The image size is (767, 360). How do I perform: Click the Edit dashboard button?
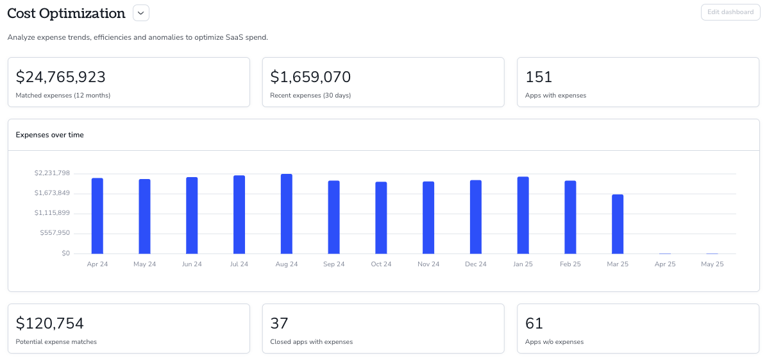pyautogui.click(x=731, y=12)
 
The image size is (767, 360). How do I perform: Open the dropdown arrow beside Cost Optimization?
pyautogui.click(x=141, y=13)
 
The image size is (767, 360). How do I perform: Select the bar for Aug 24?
pyautogui.click(x=287, y=214)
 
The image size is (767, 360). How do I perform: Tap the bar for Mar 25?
pyautogui.click(x=618, y=225)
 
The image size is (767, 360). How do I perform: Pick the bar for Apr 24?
pyautogui.click(x=97, y=216)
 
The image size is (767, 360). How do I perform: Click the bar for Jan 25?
pyautogui.click(x=523, y=216)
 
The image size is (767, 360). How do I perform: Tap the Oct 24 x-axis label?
pyautogui.click(x=381, y=264)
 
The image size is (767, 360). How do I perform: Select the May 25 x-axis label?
pyautogui.click(x=712, y=264)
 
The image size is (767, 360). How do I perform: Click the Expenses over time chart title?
pyautogui.click(x=50, y=135)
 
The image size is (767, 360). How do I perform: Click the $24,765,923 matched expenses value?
pyautogui.click(x=61, y=78)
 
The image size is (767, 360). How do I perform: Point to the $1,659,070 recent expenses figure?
pyautogui.click(x=310, y=78)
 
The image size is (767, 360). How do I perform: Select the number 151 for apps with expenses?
pyautogui.click(x=539, y=78)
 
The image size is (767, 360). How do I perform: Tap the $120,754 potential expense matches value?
pyautogui.click(x=50, y=324)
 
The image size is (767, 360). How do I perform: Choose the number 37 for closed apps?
pyautogui.click(x=280, y=324)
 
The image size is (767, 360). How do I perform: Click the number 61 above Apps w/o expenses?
pyautogui.click(x=534, y=324)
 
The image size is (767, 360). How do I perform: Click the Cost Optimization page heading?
pyautogui.click(x=67, y=13)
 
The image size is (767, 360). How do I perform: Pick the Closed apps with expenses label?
pyautogui.click(x=312, y=342)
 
